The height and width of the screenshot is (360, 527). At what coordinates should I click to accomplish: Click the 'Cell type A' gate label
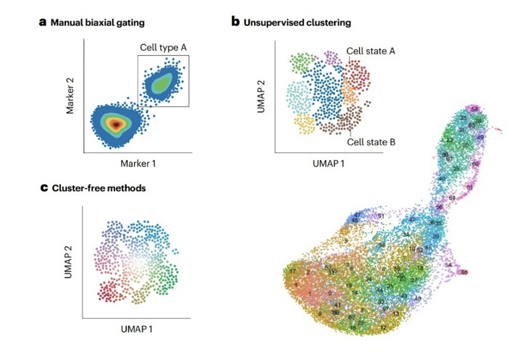pos(163,47)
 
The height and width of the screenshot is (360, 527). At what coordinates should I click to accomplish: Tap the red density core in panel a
pos(117,124)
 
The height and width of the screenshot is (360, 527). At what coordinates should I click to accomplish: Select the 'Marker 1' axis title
pos(138,164)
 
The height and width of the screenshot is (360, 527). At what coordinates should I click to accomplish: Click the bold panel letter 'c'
pos(44,188)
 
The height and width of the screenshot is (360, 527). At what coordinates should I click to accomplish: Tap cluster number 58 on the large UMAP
pos(475,110)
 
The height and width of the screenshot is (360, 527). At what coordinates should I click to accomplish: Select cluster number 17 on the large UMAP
pos(293,271)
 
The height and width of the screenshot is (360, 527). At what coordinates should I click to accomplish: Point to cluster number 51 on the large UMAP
pos(381,216)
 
